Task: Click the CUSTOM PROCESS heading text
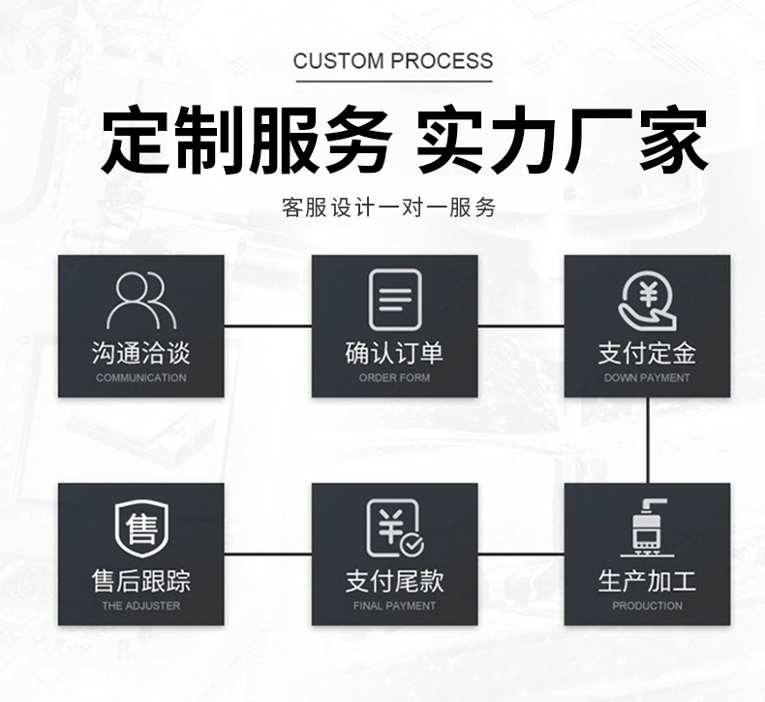click(x=393, y=61)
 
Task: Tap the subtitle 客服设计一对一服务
click(x=388, y=207)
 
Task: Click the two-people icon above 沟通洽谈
click(x=141, y=301)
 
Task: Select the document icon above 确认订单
click(x=395, y=300)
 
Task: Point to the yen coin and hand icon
click(x=647, y=302)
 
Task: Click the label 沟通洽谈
click(x=141, y=353)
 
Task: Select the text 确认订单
click(x=395, y=353)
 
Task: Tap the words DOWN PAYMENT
click(x=647, y=378)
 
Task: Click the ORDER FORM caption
click(x=395, y=378)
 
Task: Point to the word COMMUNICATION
click(x=141, y=378)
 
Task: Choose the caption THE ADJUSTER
click(x=141, y=606)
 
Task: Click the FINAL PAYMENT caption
click(x=395, y=606)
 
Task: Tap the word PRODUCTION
click(x=647, y=606)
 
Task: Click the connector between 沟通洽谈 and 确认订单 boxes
click(x=268, y=326)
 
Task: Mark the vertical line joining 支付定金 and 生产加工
click(x=647, y=440)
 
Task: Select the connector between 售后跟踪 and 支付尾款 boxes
click(x=268, y=554)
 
